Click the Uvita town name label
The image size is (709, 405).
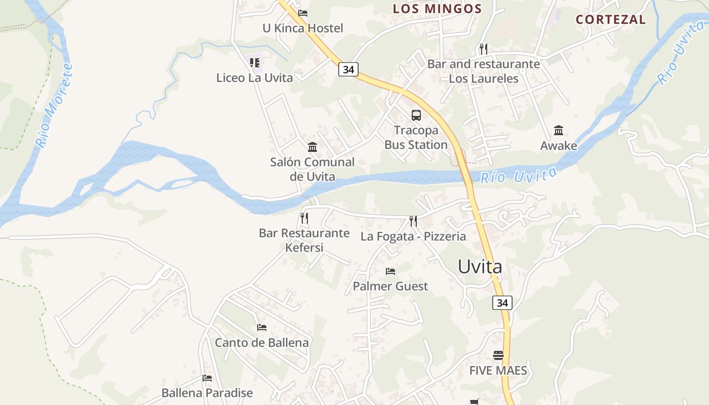pyautogui.click(x=480, y=267)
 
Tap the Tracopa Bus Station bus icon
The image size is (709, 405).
pyautogui.click(x=416, y=115)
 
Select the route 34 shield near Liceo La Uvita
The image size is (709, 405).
pyautogui.click(x=348, y=69)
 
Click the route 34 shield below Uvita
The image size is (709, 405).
pyautogui.click(x=502, y=303)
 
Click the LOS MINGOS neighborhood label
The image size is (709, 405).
pyautogui.click(x=438, y=9)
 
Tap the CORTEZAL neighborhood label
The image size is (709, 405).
pyautogui.click(x=611, y=20)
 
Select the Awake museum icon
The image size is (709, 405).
pyautogui.click(x=559, y=130)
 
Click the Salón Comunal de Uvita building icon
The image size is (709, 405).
pyautogui.click(x=312, y=147)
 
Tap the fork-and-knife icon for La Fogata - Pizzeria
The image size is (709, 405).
pyautogui.click(x=413, y=221)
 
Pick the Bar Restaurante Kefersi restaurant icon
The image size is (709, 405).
pyautogui.click(x=304, y=218)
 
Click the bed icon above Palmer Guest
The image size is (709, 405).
pyautogui.click(x=390, y=271)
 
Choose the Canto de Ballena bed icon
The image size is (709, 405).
pyautogui.click(x=261, y=328)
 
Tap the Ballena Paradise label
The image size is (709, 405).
pyautogui.click(x=207, y=393)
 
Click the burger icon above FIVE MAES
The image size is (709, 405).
pyautogui.click(x=498, y=355)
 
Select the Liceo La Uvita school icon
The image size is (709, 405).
pyautogui.click(x=255, y=63)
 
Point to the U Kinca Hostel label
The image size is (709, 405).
pyautogui.click(x=302, y=28)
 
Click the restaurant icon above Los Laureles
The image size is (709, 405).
pyautogui.click(x=483, y=49)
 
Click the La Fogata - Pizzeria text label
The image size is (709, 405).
pyautogui.click(x=413, y=236)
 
